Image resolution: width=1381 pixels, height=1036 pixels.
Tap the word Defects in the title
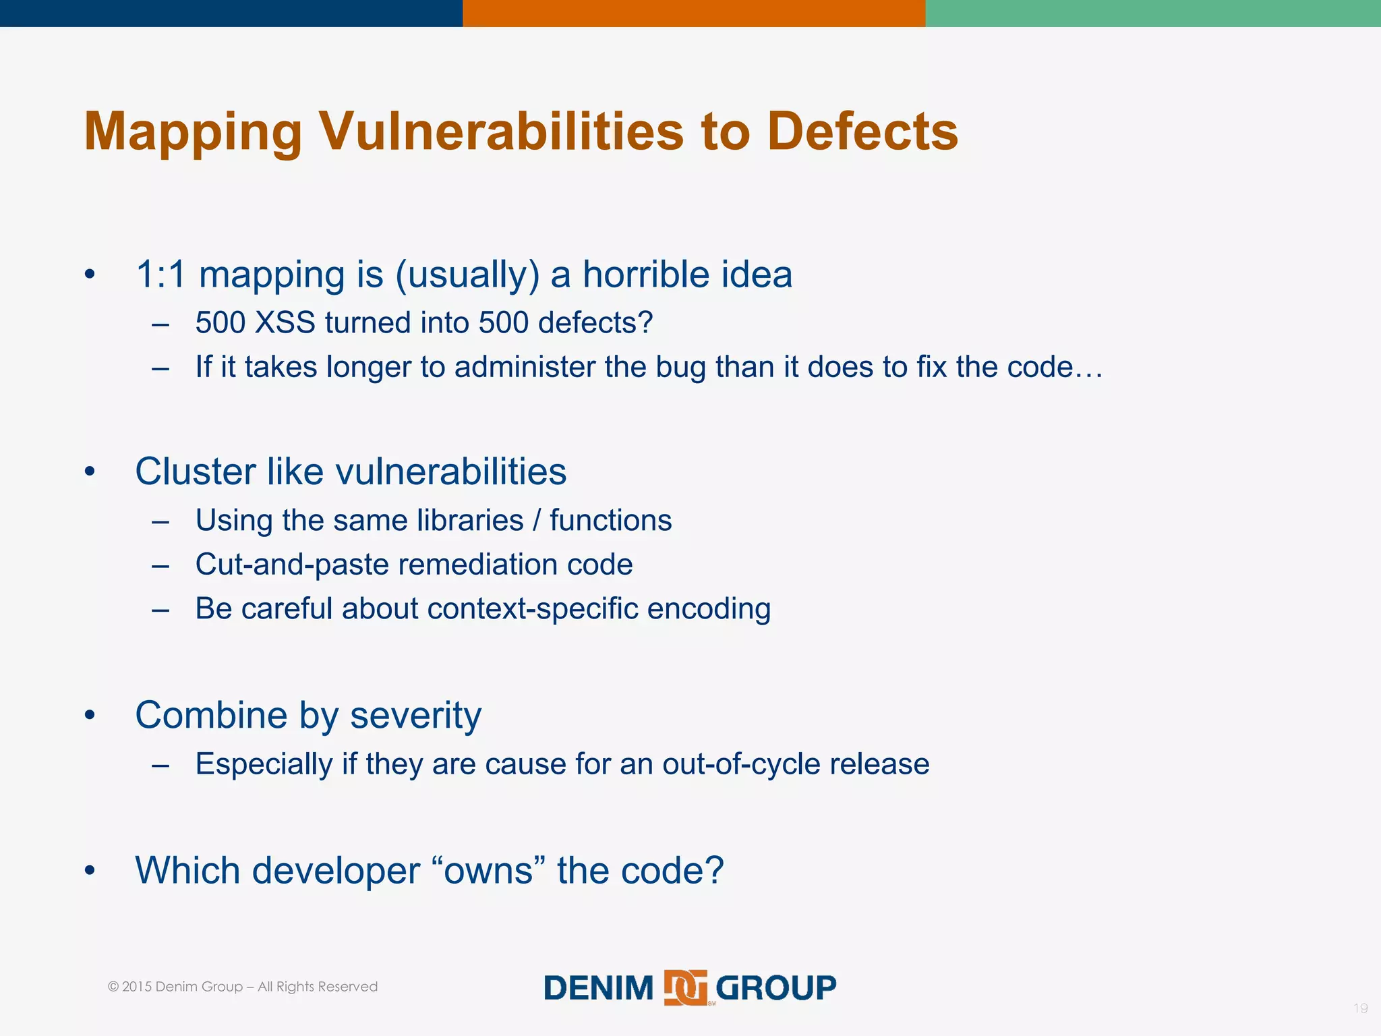(x=862, y=131)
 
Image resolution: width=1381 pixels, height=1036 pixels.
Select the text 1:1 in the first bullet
(x=160, y=275)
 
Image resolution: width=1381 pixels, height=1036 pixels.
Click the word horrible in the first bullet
(x=637, y=275)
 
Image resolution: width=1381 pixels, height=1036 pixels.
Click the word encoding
(x=709, y=608)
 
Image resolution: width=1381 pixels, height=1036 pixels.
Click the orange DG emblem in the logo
(x=685, y=988)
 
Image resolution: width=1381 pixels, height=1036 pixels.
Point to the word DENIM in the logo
(x=598, y=988)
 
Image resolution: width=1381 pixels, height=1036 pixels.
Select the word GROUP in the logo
(x=775, y=988)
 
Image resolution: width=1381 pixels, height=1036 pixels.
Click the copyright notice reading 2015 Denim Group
(x=242, y=987)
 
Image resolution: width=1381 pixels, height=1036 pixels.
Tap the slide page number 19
(x=1360, y=1008)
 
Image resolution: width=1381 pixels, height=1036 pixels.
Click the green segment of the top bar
(x=1153, y=13)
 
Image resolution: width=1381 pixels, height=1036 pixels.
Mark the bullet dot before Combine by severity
(x=90, y=715)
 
